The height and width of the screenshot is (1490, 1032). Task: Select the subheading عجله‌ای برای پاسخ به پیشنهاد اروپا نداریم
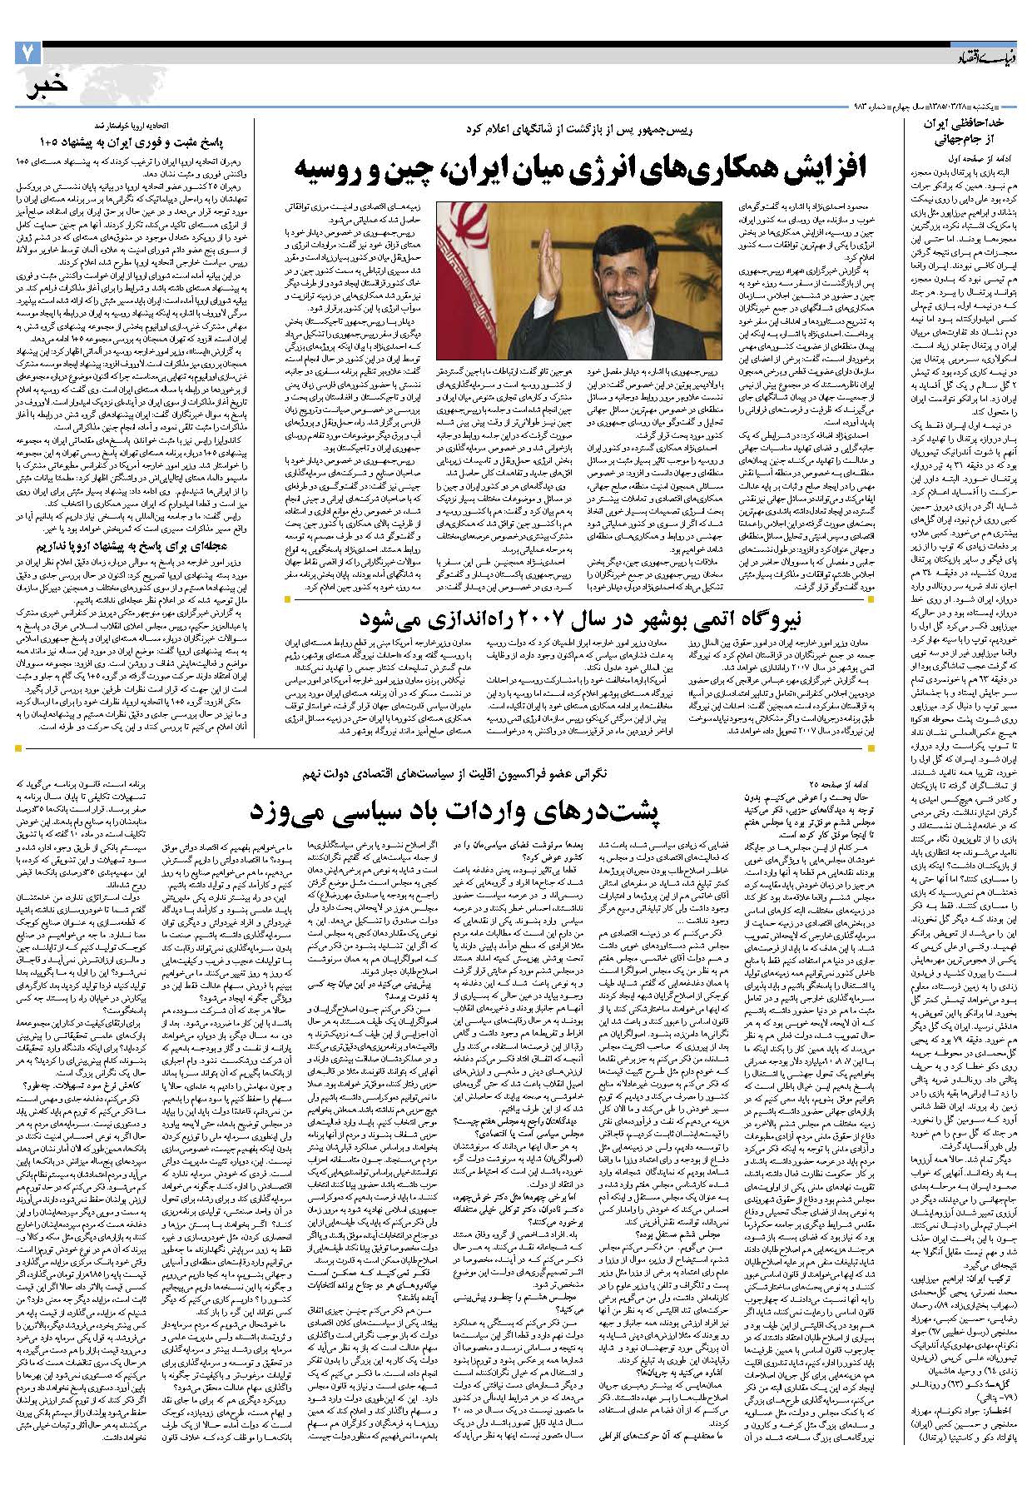click(138, 548)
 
